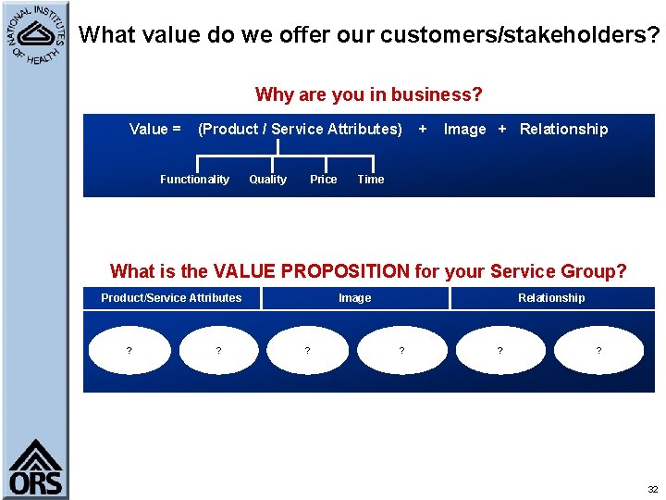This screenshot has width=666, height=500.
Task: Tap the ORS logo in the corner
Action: (35, 469)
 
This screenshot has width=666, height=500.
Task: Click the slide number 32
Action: (652, 489)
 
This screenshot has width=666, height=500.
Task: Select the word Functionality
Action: (194, 180)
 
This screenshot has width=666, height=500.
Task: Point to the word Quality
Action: (267, 180)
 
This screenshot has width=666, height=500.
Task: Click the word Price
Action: (323, 180)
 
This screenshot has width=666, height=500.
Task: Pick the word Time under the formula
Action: (370, 180)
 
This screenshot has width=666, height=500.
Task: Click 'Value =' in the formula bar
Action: (154, 130)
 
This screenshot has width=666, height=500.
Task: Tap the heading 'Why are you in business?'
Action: (368, 94)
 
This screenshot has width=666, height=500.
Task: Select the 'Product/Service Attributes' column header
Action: (171, 298)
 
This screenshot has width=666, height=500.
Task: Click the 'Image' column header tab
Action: (354, 298)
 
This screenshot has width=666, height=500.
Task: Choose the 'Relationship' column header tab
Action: (551, 298)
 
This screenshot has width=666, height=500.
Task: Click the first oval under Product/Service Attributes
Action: (129, 351)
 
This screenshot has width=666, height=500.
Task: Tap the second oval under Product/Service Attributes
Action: (218, 351)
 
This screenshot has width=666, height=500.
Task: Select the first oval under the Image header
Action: (308, 351)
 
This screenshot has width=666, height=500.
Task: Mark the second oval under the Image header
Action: (401, 351)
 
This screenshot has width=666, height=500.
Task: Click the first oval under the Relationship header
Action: (500, 351)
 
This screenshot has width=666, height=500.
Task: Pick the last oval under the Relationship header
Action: (598, 351)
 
